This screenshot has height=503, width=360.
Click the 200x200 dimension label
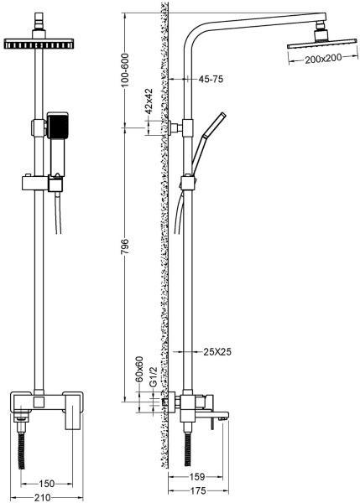(323, 59)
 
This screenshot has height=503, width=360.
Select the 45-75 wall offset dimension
(211, 79)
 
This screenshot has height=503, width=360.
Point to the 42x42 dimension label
(149, 101)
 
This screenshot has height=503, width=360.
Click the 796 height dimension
(124, 246)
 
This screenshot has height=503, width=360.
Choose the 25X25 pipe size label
(217, 352)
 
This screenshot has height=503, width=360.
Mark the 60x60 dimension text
(139, 369)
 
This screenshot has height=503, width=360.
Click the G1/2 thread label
(154, 377)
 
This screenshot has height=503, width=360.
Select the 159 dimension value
(197, 477)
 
